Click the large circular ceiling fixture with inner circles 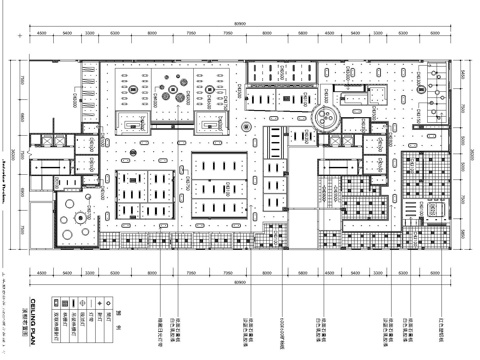tap(325, 119)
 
